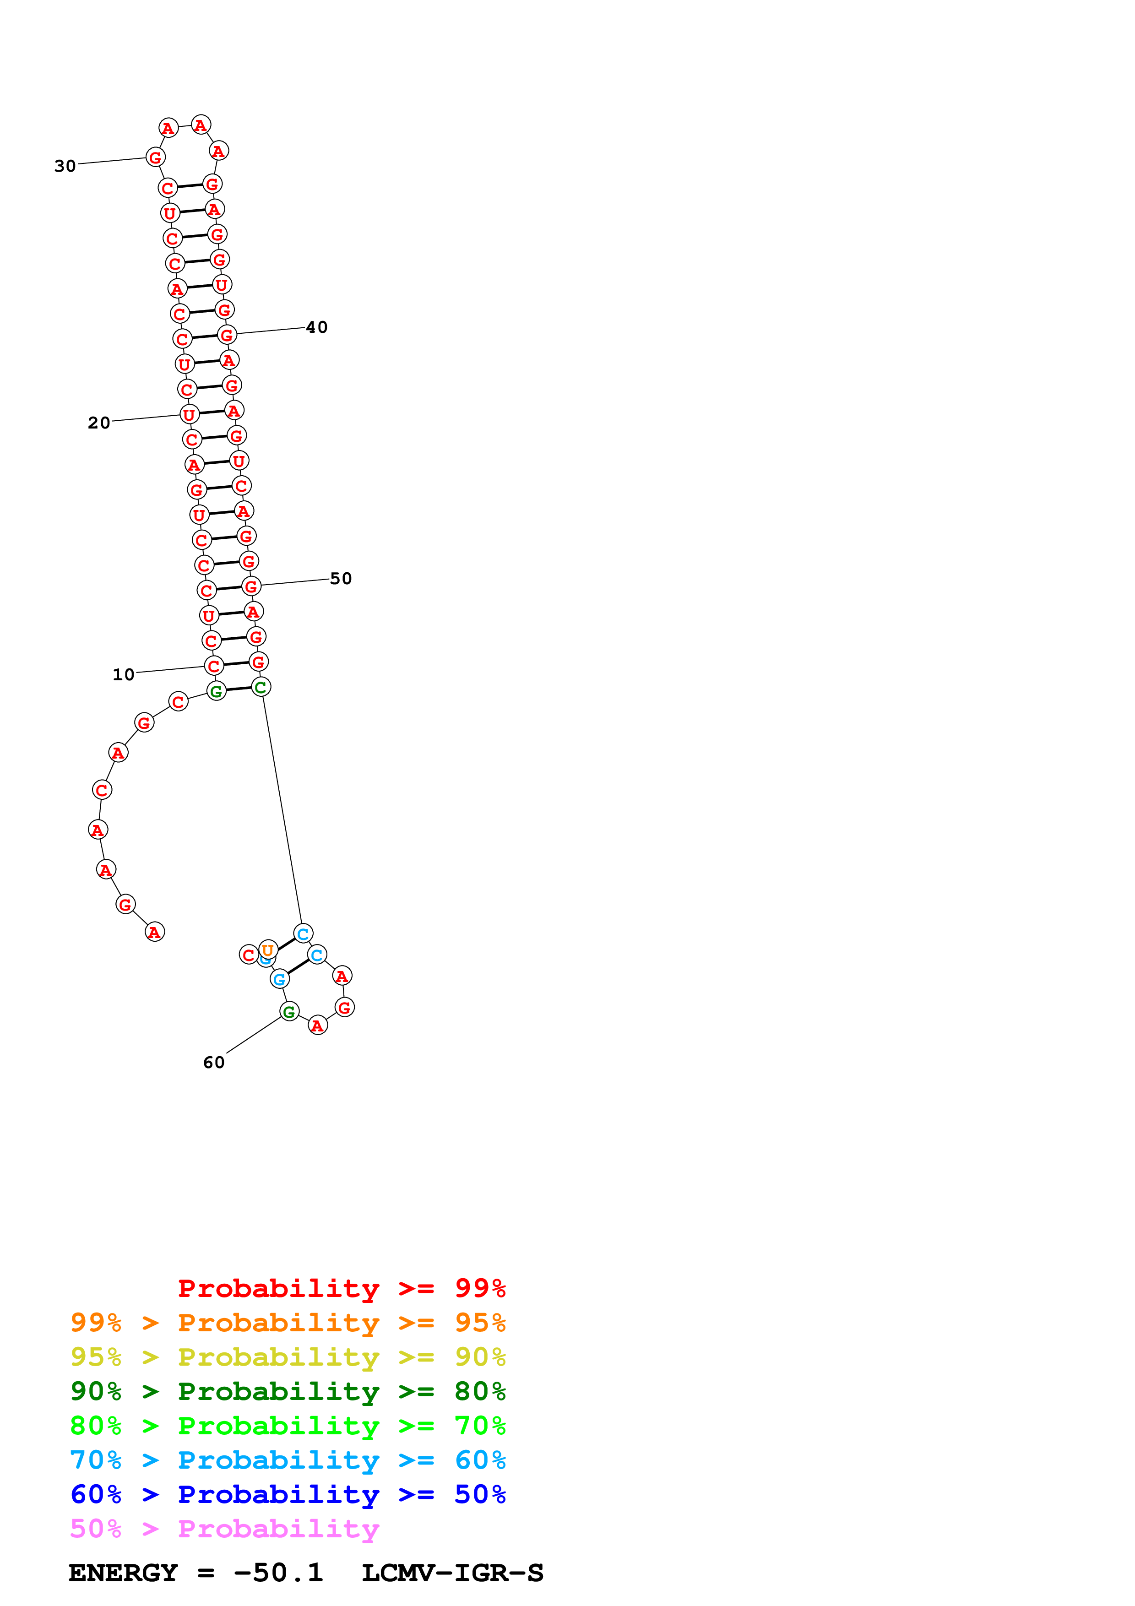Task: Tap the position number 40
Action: tap(317, 327)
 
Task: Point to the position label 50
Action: tap(341, 579)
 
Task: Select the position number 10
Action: tap(124, 674)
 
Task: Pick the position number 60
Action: tap(214, 1063)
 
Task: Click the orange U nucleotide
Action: tap(268, 950)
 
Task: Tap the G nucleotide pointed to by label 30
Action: tap(155, 157)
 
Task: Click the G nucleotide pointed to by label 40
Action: tap(227, 335)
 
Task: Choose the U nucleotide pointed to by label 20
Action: tap(189, 414)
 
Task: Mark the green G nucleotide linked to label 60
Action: tap(289, 1011)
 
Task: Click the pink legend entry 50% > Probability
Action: tap(224, 1529)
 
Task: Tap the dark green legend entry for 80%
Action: tap(288, 1392)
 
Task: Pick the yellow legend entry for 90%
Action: tap(288, 1357)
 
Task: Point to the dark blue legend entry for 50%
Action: tap(288, 1495)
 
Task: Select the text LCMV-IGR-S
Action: tap(452, 1573)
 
